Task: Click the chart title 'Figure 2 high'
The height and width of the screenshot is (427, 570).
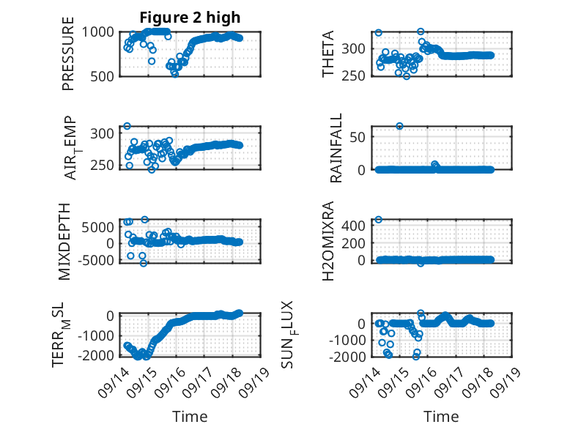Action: [190, 18]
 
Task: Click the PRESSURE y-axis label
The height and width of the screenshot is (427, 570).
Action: [68, 53]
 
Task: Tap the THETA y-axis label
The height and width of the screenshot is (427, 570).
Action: [328, 53]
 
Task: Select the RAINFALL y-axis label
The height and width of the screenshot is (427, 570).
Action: [336, 148]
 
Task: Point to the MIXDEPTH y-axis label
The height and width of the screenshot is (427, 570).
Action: [64, 241]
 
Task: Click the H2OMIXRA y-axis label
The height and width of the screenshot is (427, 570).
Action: [328, 241]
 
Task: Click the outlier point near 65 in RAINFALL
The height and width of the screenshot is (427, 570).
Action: [399, 126]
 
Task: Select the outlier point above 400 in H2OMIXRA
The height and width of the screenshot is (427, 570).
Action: [379, 220]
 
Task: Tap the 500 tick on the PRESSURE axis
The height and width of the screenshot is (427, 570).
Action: [102, 76]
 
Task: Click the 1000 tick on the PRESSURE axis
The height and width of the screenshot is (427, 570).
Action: [97, 32]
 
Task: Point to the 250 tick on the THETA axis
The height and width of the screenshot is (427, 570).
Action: [353, 76]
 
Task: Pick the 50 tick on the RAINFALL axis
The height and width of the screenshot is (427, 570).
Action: [358, 137]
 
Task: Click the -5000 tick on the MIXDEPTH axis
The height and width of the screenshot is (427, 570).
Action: [96, 260]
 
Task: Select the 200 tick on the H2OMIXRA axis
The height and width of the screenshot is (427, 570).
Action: [353, 243]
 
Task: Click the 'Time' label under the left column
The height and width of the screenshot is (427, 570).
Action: [190, 417]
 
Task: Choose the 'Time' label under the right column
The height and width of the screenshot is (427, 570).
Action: [441, 417]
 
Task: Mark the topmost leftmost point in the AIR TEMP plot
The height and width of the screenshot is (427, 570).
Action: [127, 126]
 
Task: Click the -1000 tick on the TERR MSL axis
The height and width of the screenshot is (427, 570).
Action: [96, 335]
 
